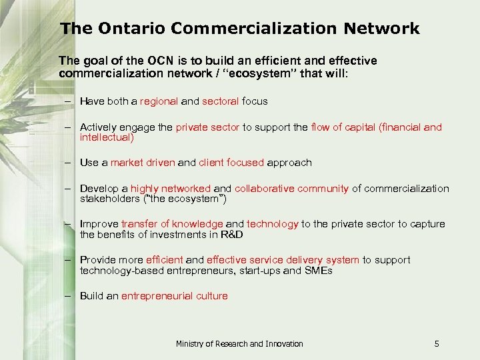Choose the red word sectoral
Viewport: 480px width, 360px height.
[x=221, y=101]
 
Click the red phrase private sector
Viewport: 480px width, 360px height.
[x=207, y=127]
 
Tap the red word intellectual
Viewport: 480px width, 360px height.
[x=107, y=137]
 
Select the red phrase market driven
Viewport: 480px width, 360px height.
[x=143, y=163]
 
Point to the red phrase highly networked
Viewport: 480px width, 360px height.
[x=170, y=189]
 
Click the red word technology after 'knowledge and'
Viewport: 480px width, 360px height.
[x=273, y=224]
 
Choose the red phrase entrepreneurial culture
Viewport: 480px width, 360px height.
[x=174, y=296]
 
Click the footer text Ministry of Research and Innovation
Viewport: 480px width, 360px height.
[x=239, y=344]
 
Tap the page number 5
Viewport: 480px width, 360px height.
[x=437, y=344]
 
